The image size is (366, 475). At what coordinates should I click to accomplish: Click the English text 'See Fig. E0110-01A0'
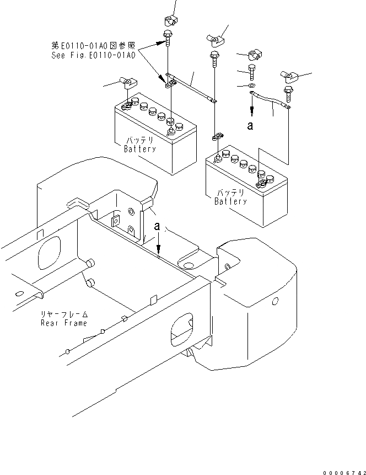tap(93, 55)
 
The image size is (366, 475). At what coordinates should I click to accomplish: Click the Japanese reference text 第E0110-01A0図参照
tap(93, 46)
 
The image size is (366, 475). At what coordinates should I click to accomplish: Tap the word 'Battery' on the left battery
tap(140, 149)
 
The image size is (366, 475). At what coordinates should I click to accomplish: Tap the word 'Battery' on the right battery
tap(231, 201)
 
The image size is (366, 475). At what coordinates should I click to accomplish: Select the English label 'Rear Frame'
tap(64, 323)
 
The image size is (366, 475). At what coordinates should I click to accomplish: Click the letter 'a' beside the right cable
tap(250, 126)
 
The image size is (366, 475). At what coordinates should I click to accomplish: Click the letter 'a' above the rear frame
tap(157, 226)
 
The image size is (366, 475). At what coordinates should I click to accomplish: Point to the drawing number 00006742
tap(345, 473)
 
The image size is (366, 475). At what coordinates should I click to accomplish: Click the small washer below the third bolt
tap(251, 86)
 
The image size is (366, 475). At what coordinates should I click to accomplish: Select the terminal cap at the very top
tap(171, 20)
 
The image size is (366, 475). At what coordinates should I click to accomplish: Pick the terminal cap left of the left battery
tap(128, 82)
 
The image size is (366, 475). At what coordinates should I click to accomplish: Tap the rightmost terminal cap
tap(290, 77)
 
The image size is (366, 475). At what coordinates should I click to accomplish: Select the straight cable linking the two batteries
tap(191, 88)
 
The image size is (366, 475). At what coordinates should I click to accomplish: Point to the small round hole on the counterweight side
tap(275, 301)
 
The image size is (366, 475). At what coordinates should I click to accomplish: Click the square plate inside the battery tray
tap(116, 221)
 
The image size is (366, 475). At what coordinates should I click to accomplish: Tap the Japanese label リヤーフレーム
tap(64, 314)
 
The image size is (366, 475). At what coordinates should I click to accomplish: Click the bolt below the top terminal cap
tap(168, 38)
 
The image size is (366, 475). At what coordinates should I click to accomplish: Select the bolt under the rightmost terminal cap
tap(288, 94)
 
